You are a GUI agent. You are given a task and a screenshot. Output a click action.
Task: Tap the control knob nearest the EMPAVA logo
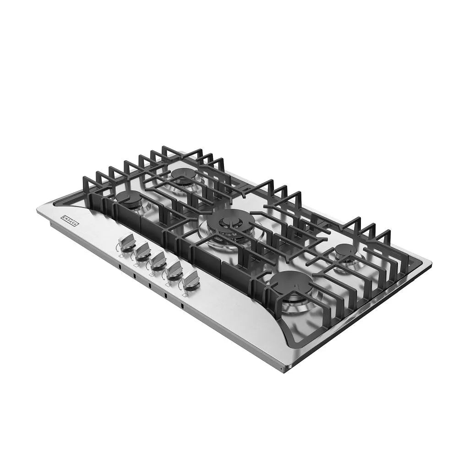pos(127,241)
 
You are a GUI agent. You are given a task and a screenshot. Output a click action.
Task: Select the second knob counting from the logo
pos(142,250)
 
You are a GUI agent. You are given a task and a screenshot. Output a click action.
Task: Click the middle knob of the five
pos(158,259)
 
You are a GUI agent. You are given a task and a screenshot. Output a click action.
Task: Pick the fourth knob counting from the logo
pos(174,270)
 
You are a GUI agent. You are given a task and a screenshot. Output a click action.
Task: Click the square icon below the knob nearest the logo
pos(120,256)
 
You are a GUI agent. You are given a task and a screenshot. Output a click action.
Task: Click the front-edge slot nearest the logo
pos(118,266)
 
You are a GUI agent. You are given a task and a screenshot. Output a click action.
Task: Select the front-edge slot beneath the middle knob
pos(149,285)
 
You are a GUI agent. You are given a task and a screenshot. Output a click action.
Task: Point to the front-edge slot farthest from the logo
pos(182,305)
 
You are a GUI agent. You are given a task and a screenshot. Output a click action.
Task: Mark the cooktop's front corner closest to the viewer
pos(283,369)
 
